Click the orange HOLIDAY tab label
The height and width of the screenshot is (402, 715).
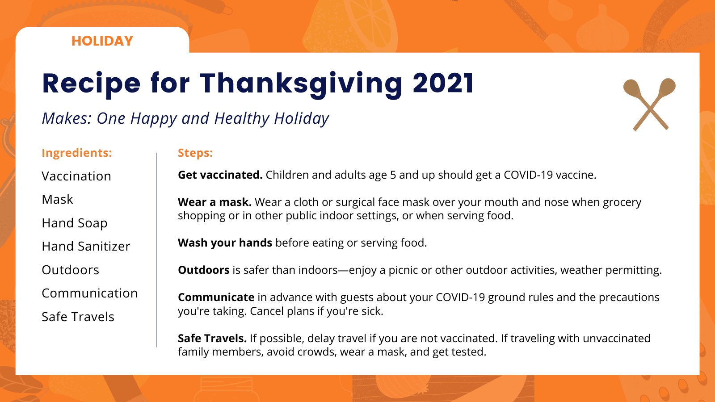(x=102, y=41)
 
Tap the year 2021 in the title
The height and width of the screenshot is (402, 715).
(x=443, y=83)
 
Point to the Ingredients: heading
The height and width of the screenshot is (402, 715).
(x=76, y=153)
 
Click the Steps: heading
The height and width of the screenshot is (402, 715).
(x=195, y=153)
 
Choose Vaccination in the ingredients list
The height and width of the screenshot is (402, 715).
(x=76, y=176)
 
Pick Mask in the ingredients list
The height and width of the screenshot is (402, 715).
(x=57, y=199)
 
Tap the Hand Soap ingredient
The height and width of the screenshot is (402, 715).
(x=74, y=223)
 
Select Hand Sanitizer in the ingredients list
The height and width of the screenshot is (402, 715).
(x=86, y=246)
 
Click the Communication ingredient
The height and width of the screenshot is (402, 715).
(x=90, y=293)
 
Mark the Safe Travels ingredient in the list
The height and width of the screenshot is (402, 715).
(x=78, y=317)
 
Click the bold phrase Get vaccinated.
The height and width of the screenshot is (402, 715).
(x=220, y=175)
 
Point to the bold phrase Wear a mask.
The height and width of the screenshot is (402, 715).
(x=214, y=202)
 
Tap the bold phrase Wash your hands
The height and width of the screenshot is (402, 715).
(x=225, y=243)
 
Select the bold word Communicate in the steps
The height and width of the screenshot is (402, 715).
(x=216, y=297)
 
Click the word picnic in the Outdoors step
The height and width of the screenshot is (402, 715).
(x=403, y=271)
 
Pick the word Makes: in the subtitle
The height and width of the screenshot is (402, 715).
(x=67, y=118)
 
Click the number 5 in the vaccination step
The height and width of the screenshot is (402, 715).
(x=393, y=175)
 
